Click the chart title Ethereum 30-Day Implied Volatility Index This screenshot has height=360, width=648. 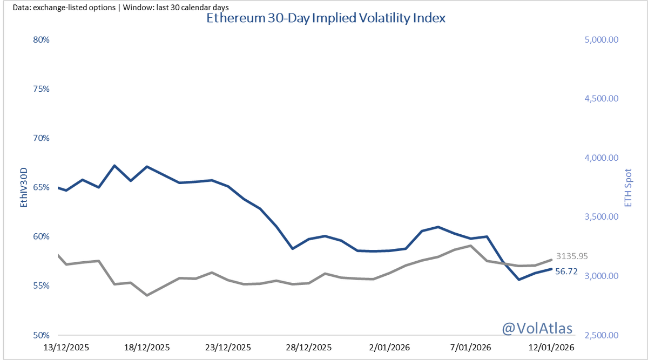coord(326,18)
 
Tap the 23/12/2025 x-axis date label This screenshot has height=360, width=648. coord(228,347)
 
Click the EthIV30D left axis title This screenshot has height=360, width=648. coord(23,187)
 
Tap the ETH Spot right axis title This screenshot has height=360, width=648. coord(627,187)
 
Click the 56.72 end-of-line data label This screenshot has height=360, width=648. coord(566,272)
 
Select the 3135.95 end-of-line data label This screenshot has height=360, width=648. coord(572,256)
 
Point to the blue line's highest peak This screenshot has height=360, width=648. coord(114,166)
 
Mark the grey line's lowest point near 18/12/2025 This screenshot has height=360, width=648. coord(147,295)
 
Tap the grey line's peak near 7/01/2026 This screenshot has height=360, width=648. coord(471,246)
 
